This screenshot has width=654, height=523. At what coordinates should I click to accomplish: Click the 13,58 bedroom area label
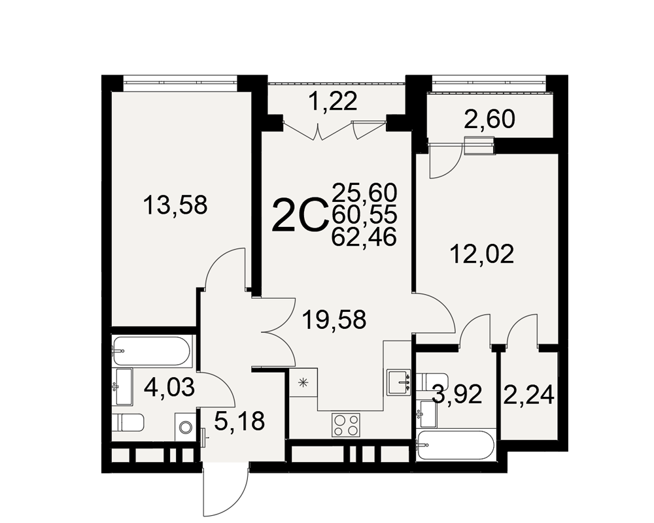click(175, 206)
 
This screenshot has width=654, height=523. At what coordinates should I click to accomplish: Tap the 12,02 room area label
click(482, 254)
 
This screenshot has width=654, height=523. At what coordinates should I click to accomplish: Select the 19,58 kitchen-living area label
click(335, 320)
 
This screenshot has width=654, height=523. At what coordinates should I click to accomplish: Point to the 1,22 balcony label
click(334, 101)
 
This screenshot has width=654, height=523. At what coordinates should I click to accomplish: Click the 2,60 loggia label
click(489, 120)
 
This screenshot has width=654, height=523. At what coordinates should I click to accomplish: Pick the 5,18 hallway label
click(239, 421)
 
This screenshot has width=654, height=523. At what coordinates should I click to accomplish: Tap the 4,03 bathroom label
click(169, 388)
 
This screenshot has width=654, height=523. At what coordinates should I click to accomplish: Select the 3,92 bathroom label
click(458, 395)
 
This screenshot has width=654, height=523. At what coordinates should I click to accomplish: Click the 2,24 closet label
click(529, 395)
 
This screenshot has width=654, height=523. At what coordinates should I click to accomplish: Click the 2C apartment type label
click(299, 215)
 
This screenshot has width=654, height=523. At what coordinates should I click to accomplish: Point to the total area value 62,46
click(364, 238)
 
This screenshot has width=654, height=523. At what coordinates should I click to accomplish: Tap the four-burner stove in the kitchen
click(346, 425)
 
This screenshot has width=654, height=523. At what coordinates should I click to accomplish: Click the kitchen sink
click(400, 382)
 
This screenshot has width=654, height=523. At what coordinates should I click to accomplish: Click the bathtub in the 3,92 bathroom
click(455, 445)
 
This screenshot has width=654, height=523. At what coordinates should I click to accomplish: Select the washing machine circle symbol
click(185, 427)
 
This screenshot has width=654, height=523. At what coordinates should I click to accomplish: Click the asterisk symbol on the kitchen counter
click(304, 382)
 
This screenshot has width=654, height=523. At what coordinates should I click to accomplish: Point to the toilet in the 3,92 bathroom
click(432, 382)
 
